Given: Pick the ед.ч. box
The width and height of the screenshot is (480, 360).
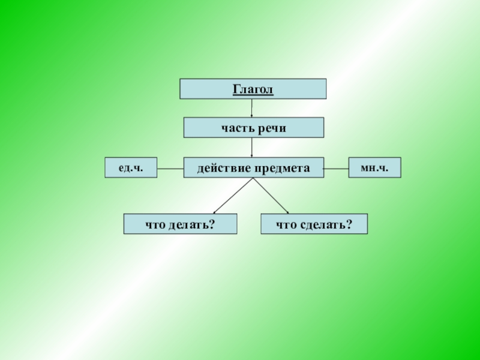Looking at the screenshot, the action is click(131, 167).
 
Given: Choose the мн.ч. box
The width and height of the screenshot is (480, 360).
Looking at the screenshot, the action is click(374, 167).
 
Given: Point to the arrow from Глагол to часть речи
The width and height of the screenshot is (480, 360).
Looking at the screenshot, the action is click(252, 109).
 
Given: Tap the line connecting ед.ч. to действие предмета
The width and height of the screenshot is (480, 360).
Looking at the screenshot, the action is click(170, 169).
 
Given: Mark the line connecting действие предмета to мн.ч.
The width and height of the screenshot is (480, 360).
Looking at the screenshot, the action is click(336, 169).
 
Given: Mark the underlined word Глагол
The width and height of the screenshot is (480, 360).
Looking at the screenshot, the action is click(253, 89).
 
